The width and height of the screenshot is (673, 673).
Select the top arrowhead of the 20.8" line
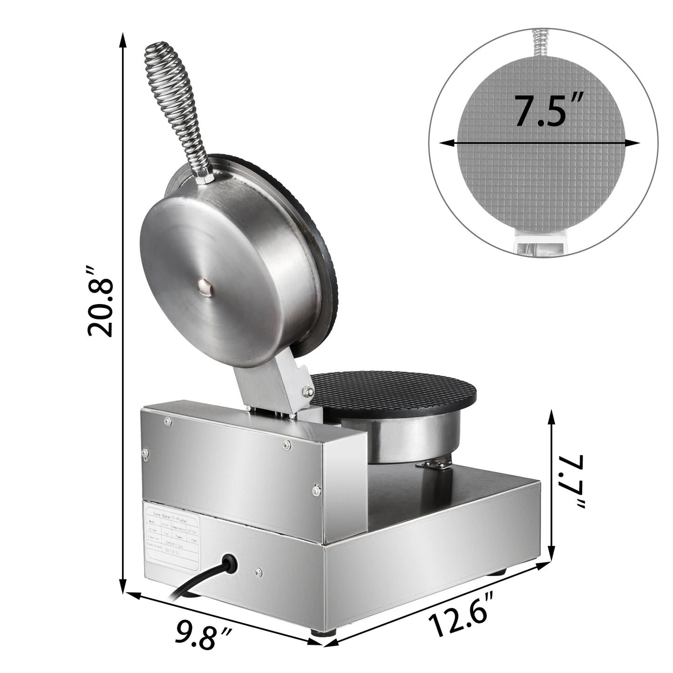click(x=123, y=39)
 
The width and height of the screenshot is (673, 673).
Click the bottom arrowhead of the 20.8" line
click(x=123, y=588)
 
